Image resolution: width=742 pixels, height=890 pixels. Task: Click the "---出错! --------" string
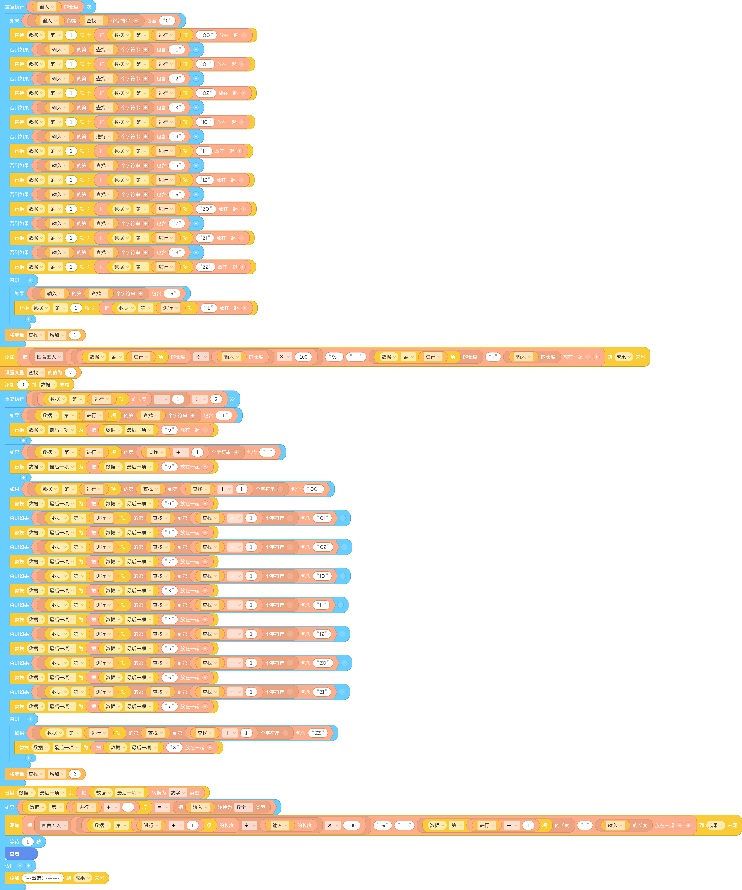42,878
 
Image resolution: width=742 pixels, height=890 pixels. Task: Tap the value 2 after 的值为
70,373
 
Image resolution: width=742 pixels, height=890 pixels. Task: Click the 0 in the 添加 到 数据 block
23,384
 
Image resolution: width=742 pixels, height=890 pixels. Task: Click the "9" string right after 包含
172,293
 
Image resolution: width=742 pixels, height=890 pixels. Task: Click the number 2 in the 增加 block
75,774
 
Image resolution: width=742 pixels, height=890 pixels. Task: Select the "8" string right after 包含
177,252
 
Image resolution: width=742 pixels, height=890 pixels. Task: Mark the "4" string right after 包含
177,136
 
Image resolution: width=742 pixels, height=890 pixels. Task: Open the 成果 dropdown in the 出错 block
83,878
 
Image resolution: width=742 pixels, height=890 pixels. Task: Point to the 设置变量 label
14,373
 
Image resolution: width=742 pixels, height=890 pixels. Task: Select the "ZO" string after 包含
323,663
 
